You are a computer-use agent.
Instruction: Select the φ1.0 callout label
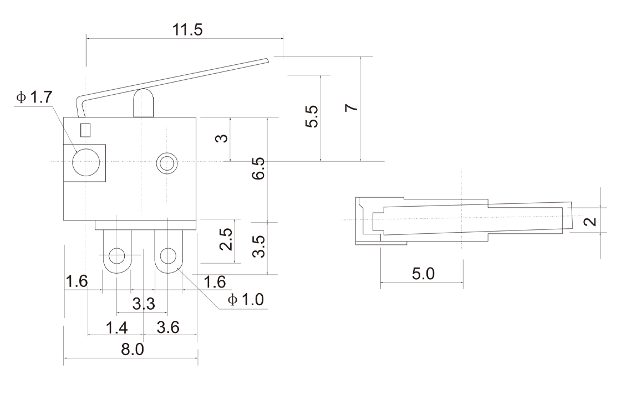click(x=246, y=300)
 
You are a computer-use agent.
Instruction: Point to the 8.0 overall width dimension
click(x=132, y=350)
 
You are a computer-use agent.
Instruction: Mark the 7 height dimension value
click(x=350, y=107)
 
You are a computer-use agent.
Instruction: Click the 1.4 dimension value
click(x=117, y=327)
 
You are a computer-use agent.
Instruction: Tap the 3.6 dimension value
click(x=168, y=327)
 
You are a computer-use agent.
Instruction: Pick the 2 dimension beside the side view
click(x=592, y=222)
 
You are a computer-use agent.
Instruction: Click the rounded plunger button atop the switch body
click(x=142, y=103)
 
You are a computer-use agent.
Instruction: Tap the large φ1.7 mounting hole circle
click(x=86, y=162)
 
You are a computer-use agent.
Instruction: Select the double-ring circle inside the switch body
click(x=166, y=162)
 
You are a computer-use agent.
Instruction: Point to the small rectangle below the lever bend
click(x=85, y=130)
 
